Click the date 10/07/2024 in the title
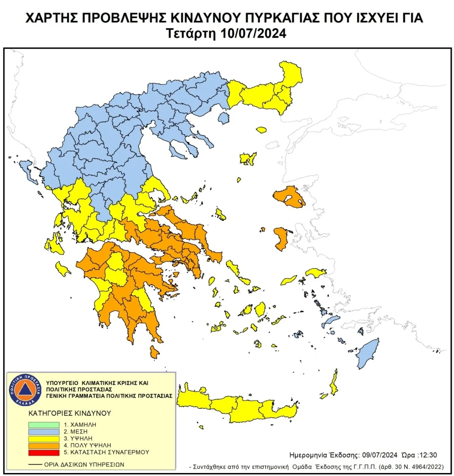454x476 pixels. pos(253,34)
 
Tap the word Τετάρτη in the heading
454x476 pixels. pos(191,34)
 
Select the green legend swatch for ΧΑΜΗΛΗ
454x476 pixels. pos(44,425)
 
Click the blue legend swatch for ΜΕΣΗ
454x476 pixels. pos(44,432)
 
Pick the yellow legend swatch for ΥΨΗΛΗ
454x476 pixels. pos(44,438)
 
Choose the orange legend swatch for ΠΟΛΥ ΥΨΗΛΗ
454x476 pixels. pos(44,445)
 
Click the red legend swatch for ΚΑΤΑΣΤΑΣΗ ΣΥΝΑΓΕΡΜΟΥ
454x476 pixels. pos(44,452)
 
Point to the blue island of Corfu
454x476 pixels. pos(29,171)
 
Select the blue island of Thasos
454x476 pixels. pos(224,119)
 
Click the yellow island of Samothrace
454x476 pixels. pos(261,130)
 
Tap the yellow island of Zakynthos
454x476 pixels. pos(64,269)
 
